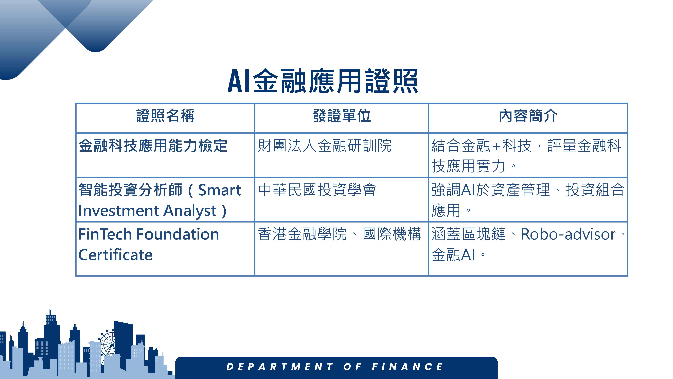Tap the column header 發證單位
pos(342,116)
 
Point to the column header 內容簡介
pos(528,116)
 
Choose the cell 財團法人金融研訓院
pos(325,146)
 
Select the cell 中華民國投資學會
pos(317,190)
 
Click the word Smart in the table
pos(219,190)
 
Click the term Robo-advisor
pos(568,234)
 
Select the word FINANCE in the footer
pos(408,367)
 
